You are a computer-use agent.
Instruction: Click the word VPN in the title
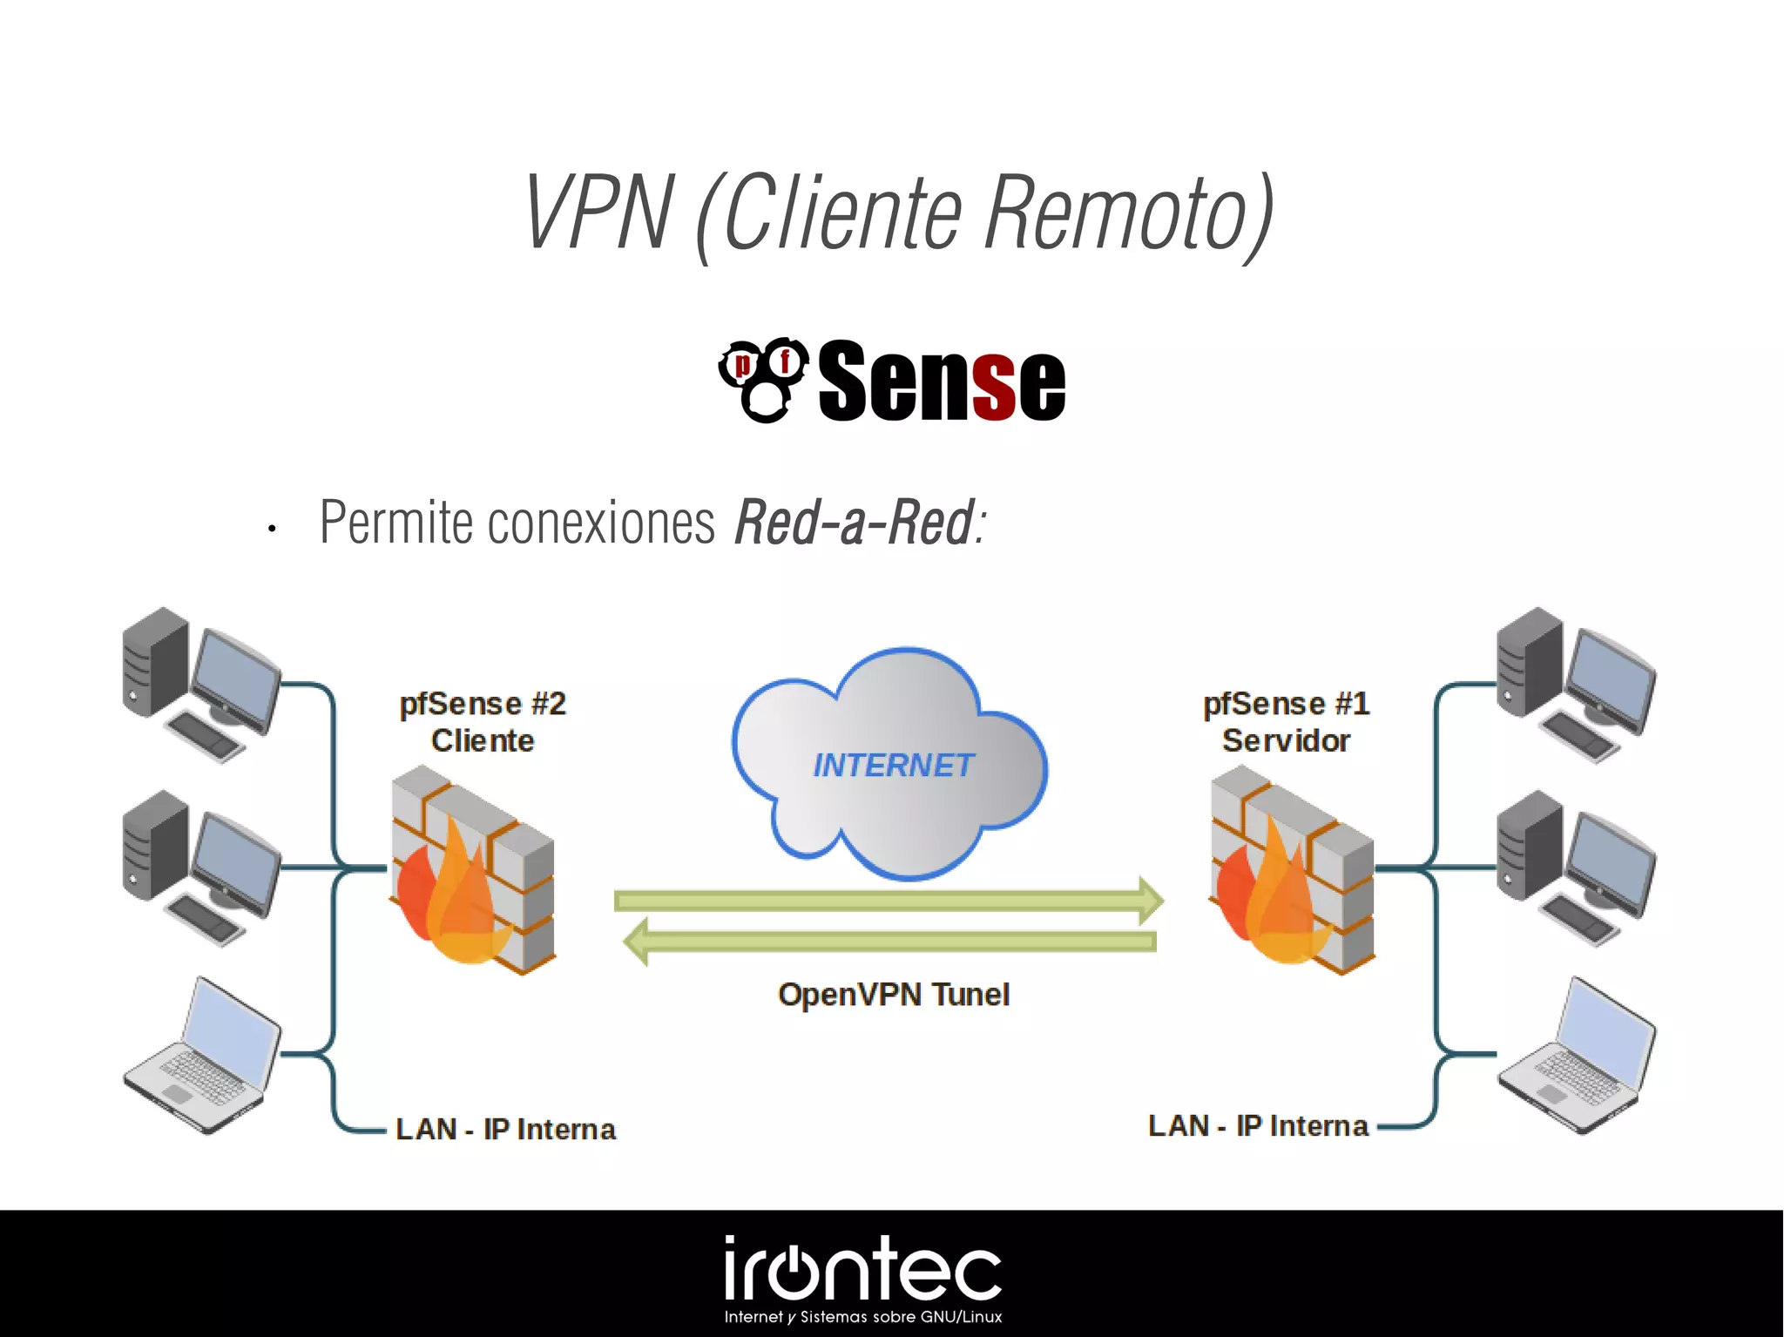(599, 212)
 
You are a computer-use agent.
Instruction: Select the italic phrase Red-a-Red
(854, 523)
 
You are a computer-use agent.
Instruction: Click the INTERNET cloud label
(893, 766)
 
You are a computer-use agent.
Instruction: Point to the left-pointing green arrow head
(637, 942)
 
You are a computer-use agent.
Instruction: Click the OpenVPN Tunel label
(894, 995)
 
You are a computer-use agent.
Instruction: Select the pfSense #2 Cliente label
(483, 722)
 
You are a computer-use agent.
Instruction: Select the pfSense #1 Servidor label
(1286, 722)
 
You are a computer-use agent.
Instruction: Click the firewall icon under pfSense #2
(473, 871)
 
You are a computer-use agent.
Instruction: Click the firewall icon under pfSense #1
(1292, 871)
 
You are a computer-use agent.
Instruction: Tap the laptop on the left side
(202, 1057)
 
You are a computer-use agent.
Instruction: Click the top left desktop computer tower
(156, 663)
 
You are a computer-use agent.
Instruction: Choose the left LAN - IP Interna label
(505, 1129)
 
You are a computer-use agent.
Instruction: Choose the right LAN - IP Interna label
(1258, 1125)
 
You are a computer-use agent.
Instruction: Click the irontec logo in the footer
(862, 1271)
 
